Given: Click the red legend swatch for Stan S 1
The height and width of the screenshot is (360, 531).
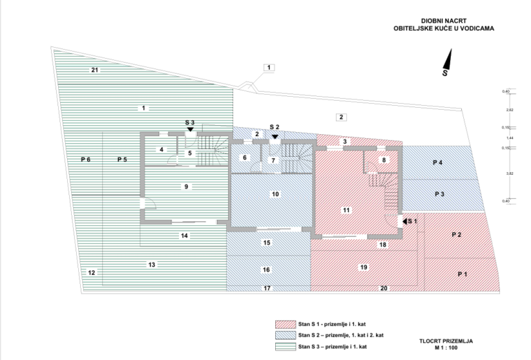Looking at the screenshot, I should pos(285,323).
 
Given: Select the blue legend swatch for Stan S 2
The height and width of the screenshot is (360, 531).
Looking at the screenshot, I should pos(285,334).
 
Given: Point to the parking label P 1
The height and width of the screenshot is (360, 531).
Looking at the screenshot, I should pos(463,274).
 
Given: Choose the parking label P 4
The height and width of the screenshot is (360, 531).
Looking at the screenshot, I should pos(437,162).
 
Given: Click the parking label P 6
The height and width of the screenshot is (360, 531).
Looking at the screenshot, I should pos(86,160).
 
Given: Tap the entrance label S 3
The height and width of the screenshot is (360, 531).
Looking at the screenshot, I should pos(190,122).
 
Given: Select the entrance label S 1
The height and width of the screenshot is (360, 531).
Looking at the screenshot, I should pos(412,220).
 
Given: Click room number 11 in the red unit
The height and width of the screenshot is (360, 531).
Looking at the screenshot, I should pos(346,209).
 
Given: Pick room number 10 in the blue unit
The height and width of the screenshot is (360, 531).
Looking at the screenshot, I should pos(275,194).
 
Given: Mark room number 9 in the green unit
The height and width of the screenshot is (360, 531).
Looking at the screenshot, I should pos(185,187).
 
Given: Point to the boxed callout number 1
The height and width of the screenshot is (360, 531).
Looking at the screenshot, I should pos(268,68).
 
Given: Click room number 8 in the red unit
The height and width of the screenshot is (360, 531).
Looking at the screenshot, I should pos(384,160).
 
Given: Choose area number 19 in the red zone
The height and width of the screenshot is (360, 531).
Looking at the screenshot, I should pos(363,266).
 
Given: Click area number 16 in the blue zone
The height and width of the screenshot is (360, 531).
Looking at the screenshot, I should pos(265,269).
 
